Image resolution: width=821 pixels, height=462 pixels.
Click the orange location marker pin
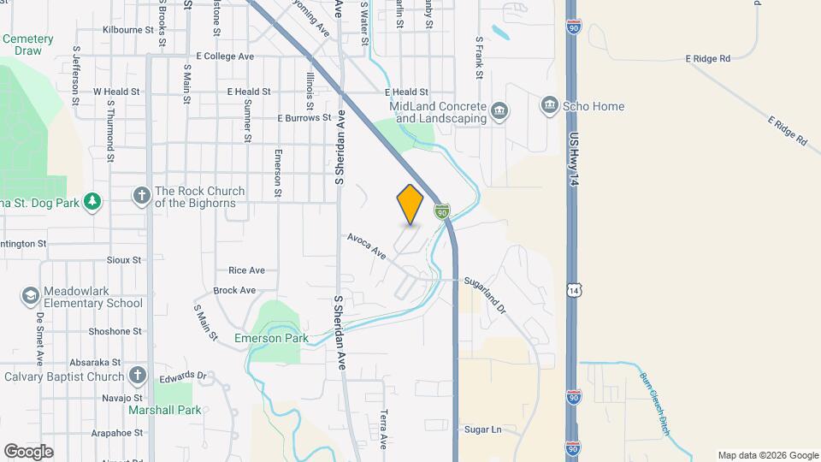[x=410, y=204]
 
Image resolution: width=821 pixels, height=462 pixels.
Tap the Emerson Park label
[x=271, y=339]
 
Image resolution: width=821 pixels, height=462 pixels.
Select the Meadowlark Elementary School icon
[x=31, y=296]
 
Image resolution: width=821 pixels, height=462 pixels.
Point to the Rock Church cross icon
[x=142, y=197]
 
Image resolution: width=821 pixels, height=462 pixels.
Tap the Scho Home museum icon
[x=549, y=107]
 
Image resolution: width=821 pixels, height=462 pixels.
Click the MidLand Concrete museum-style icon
[x=498, y=112]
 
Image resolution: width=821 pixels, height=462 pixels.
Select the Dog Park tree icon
[x=92, y=202]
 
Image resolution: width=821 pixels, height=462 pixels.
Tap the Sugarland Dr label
[x=486, y=294]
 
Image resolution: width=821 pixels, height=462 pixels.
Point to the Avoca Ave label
[x=367, y=246]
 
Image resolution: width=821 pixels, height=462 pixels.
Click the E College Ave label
[x=225, y=56]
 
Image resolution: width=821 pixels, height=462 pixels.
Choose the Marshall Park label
[x=165, y=410]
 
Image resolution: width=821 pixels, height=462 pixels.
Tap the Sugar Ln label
[x=483, y=429]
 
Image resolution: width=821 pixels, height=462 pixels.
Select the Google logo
[x=28, y=451]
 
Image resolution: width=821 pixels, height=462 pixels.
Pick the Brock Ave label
[x=235, y=291]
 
